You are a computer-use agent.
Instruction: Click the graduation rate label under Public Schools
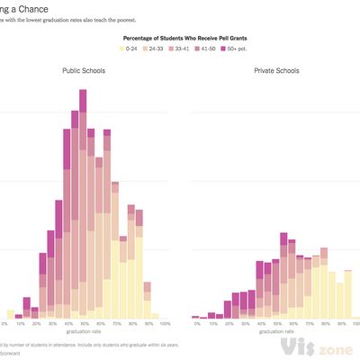[84, 332]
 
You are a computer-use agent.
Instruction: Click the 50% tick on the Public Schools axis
[84, 323]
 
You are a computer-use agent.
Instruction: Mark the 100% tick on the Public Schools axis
[164, 323]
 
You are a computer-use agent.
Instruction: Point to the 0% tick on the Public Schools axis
[4, 323]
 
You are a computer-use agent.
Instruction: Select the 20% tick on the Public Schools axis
[36, 323]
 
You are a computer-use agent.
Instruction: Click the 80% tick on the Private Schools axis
[324, 323]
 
